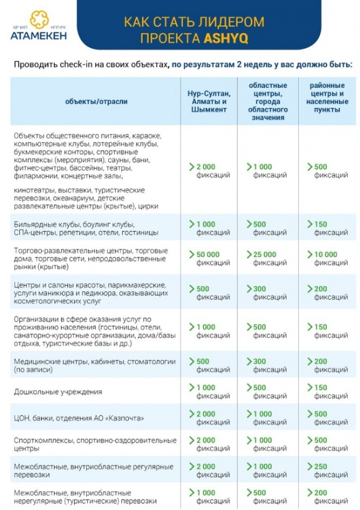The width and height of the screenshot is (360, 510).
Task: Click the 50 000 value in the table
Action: (x=208, y=255)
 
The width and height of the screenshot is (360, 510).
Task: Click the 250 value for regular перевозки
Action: (x=321, y=466)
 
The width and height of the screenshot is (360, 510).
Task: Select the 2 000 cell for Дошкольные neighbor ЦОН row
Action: (x=208, y=414)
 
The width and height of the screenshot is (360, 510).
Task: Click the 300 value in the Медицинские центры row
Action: (x=260, y=362)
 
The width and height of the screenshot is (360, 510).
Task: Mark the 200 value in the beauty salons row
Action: (x=321, y=289)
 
